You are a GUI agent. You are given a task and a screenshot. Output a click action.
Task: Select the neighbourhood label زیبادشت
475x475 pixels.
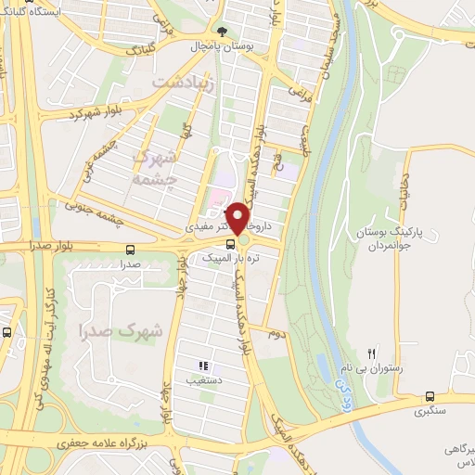pyautogui.click(x=184, y=83)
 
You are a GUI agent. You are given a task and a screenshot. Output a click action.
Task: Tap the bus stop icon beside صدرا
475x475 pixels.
pyautogui.click(x=128, y=250)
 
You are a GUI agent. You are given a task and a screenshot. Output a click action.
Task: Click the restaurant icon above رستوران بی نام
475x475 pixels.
pyautogui.click(x=372, y=353)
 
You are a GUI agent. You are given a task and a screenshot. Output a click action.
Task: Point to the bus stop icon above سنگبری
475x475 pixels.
pyautogui.click(x=429, y=394)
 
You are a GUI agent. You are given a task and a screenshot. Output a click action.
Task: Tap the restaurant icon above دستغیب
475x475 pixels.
pyautogui.click(x=203, y=366)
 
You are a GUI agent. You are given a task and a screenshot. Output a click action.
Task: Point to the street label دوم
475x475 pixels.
pyautogui.click(x=274, y=331)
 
